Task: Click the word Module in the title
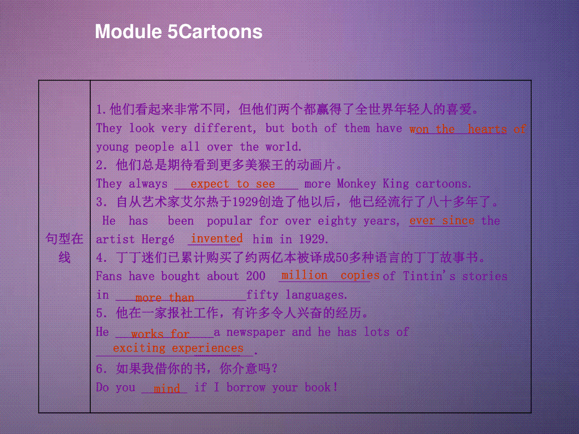(128, 31)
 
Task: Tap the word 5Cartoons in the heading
(215, 31)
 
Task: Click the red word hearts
(487, 129)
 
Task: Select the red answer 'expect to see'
(233, 184)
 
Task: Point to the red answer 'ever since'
(442, 220)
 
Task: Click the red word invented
(217, 238)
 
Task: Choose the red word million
(304, 275)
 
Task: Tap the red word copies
(360, 276)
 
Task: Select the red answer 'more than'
(165, 298)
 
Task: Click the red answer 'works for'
(160, 334)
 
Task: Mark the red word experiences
(207, 348)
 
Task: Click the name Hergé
(158, 239)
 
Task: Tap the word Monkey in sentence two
(357, 184)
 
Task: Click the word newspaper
(256, 332)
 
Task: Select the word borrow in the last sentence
(246, 387)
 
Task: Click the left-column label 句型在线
(64, 248)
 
